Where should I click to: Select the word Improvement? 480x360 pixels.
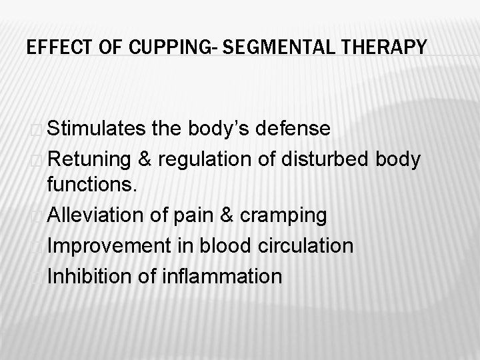(109, 245)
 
